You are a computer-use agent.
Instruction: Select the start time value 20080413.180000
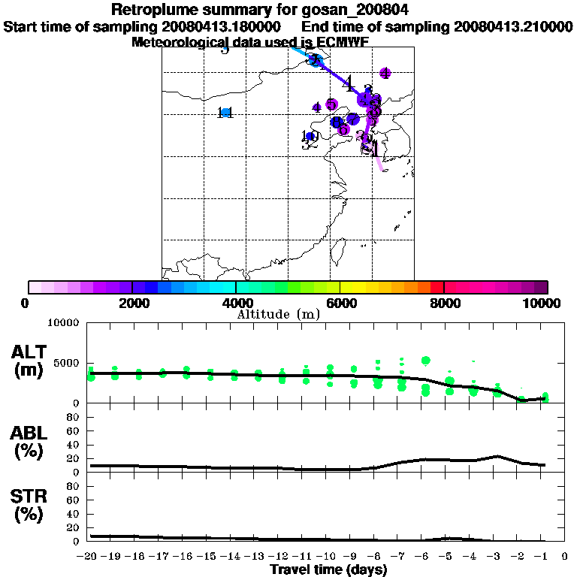pyautogui.click(x=222, y=26)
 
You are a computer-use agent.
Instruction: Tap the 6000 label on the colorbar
pyautogui.click(x=340, y=303)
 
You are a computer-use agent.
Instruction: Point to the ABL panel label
pyautogui.click(x=31, y=443)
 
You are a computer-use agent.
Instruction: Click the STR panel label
pyautogui.click(x=31, y=506)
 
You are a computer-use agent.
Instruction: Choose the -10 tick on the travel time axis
pyautogui.click(x=330, y=557)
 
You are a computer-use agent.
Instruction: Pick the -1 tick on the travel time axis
pyautogui.click(x=545, y=557)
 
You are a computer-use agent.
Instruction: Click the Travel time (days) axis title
pyautogui.click(x=329, y=570)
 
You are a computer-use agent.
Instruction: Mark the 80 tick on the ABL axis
pyautogui.click(x=74, y=431)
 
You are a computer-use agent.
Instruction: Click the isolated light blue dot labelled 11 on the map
pyautogui.click(x=225, y=113)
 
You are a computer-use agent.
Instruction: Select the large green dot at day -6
pyautogui.click(x=426, y=361)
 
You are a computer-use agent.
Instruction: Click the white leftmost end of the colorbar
pyautogui.click(x=35, y=287)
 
